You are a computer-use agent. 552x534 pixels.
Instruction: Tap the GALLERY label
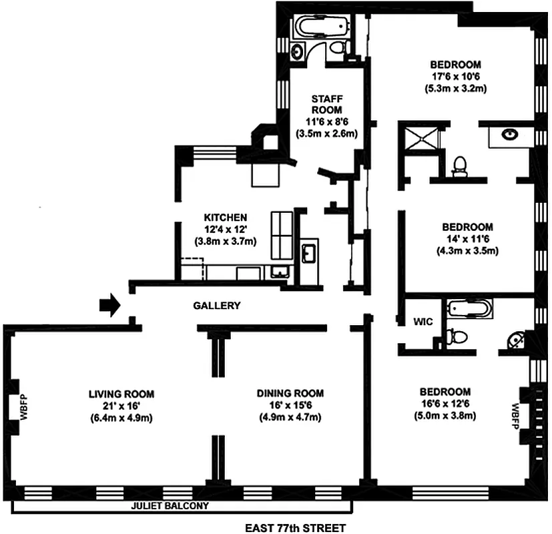coord(216,306)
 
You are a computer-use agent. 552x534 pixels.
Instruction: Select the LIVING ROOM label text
coord(121,394)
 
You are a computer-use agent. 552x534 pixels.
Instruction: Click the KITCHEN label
coord(226,218)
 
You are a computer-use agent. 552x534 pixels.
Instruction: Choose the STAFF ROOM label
coord(327,104)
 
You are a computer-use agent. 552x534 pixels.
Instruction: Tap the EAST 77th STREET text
coord(295,528)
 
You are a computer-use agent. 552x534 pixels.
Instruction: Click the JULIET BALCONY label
coord(168,505)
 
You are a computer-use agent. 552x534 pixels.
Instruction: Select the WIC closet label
coord(423,322)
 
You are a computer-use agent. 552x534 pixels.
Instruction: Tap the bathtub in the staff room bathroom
coord(323,27)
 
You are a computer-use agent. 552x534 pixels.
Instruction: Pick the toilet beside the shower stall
coord(459,165)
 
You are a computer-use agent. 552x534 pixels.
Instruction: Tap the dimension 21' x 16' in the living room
coord(121,406)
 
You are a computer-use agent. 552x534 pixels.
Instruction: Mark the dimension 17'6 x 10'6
coord(456,76)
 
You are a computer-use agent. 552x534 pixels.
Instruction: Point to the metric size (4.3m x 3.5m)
coord(466,251)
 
